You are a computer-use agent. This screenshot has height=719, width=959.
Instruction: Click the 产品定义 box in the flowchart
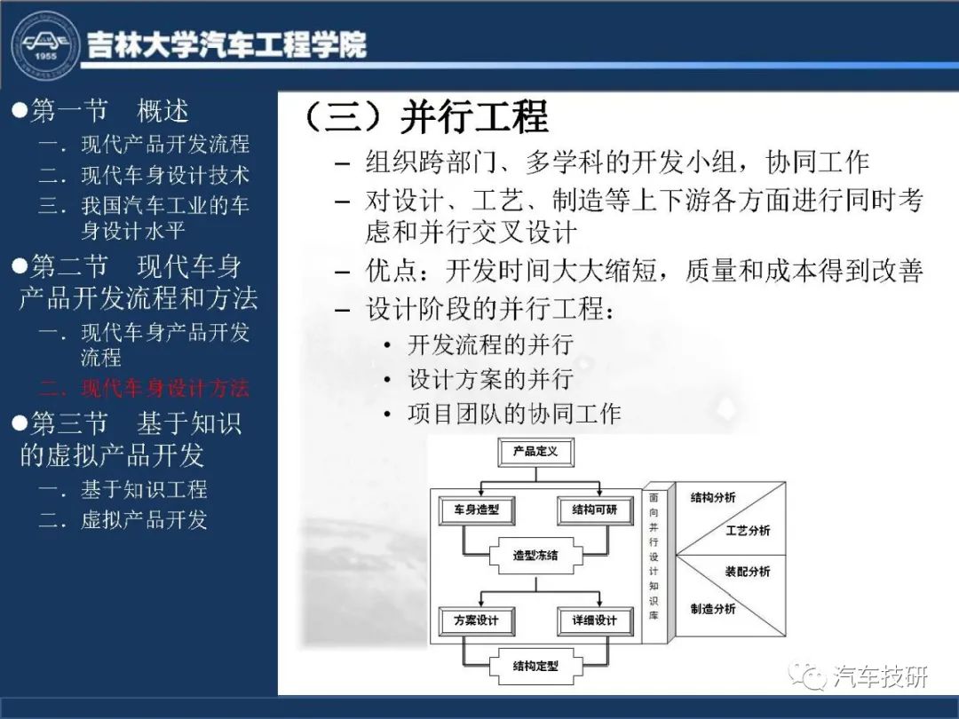tap(535, 452)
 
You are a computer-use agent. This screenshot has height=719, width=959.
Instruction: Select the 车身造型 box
tap(477, 510)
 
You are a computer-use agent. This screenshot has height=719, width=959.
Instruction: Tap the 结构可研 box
tap(595, 510)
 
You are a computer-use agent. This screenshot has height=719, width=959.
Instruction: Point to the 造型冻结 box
tap(535, 556)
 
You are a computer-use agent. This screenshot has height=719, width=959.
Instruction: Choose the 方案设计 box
tap(477, 620)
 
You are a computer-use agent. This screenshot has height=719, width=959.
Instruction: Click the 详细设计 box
tap(595, 620)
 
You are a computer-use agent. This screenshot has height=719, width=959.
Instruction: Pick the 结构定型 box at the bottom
tap(535, 667)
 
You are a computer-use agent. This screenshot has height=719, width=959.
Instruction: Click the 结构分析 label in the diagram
tap(713, 498)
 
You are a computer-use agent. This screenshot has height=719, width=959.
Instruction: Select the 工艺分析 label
tap(748, 530)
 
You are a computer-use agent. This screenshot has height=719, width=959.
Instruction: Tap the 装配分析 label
tap(748, 572)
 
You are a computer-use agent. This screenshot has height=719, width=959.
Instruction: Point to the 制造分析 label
tap(713, 608)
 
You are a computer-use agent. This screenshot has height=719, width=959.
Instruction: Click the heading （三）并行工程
tap(426, 116)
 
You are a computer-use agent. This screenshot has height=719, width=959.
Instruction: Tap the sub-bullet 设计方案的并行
tap(490, 380)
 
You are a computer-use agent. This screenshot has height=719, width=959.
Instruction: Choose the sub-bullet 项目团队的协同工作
tap(514, 414)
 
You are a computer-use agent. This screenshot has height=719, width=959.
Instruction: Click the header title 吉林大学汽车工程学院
tap(226, 44)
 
